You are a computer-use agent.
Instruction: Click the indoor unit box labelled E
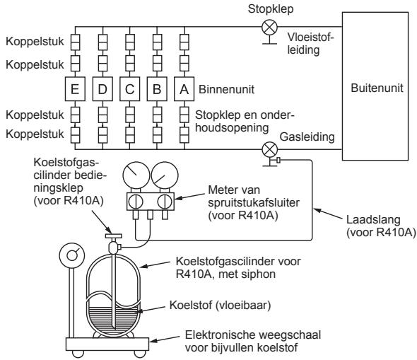[x=75, y=89]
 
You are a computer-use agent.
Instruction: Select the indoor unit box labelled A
[x=184, y=89]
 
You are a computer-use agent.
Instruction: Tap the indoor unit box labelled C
[x=130, y=89]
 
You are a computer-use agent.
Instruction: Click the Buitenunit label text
[x=377, y=88]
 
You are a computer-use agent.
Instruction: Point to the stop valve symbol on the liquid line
[x=269, y=28]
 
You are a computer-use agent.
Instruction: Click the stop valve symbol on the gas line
[x=270, y=150]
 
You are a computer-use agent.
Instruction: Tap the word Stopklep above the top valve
[x=271, y=9]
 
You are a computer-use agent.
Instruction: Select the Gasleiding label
[x=307, y=137]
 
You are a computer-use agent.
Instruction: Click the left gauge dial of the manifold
[x=136, y=175]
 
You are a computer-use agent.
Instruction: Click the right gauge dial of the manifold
[x=165, y=175]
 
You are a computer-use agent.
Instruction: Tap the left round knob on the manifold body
[x=136, y=202]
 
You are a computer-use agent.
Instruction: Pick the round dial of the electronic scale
[x=72, y=256]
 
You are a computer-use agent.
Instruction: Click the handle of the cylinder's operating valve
[x=113, y=236]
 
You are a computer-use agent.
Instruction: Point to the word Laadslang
[x=373, y=220]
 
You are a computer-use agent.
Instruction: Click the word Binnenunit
[x=226, y=89]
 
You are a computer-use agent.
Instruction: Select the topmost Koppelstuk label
[x=35, y=42]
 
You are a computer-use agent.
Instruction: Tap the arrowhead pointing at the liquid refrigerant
[x=139, y=310]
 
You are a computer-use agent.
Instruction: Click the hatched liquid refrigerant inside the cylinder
[x=113, y=318]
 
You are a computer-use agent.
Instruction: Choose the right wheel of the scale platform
[x=140, y=354]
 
